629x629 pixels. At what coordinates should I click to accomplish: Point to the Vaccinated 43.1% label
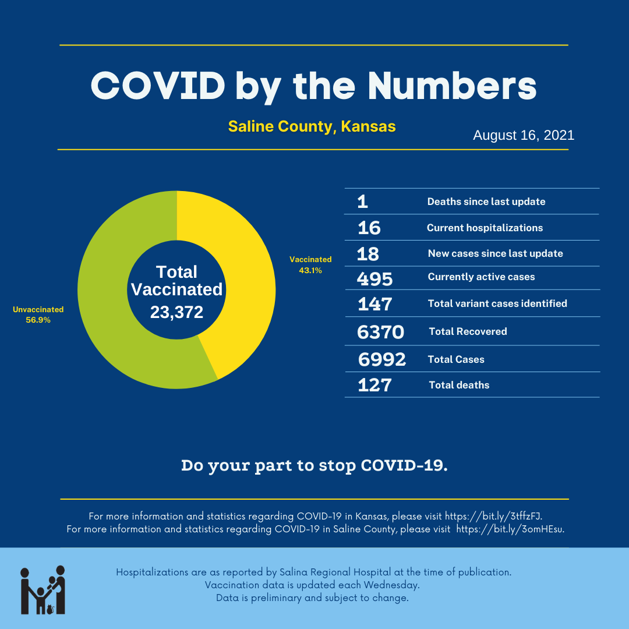tap(310, 265)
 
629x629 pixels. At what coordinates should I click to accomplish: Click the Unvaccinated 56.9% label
tap(38, 314)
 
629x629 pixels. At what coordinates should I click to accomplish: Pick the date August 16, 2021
tap(524, 136)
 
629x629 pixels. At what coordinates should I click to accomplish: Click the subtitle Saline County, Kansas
tap(312, 126)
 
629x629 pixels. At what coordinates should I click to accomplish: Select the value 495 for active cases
tap(374, 279)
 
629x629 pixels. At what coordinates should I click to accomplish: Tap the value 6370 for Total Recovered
tap(380, 332)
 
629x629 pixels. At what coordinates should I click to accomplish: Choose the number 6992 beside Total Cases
tap(382, 360)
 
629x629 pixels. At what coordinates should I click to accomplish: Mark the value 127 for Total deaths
tap(374, 385)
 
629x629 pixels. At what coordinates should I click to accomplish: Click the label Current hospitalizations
tap(485, 228)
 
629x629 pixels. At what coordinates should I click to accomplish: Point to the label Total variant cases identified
tap(497, 303)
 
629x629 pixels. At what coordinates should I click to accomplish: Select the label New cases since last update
tap(495, 253)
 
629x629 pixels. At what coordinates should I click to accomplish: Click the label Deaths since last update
tap(486, 202)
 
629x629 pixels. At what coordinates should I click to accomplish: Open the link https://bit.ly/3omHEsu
tap(510, 529)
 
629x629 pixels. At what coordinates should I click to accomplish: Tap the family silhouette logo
tap(43, 590)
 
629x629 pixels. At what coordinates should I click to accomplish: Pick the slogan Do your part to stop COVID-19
tap(314, 466)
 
